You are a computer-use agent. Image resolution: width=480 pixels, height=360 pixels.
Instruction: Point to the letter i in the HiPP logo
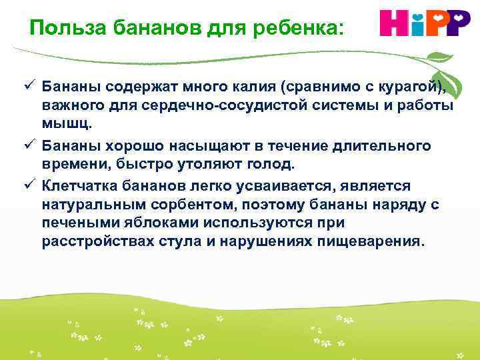[417, 23]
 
